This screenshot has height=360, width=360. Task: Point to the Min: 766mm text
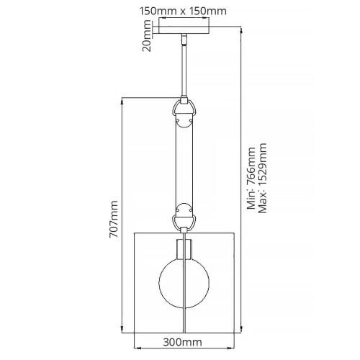(x=251, y=177)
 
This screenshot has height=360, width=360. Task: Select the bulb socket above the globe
(x=185, y=248)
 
